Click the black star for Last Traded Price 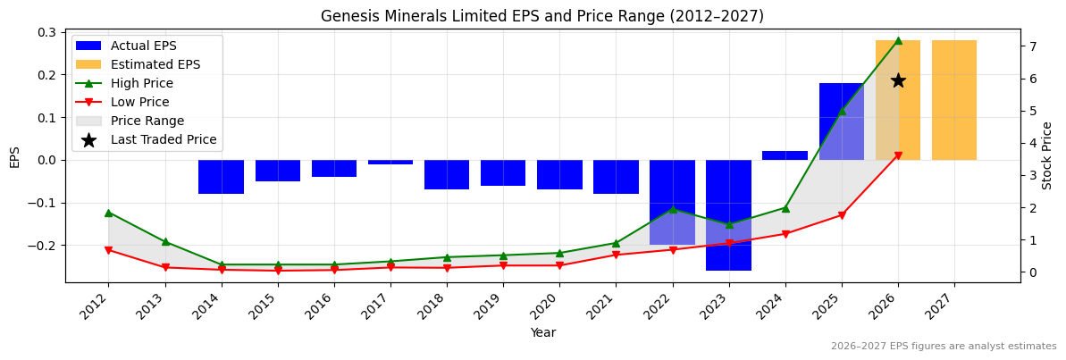pos(898,80)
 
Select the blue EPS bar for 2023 pos(728,214)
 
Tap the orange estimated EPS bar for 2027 pos(954,100)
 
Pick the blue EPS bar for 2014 pos(221,177)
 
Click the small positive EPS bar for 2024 pos(785,155)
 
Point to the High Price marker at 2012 pos(108,213)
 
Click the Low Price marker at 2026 pos(898,155)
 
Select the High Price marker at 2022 pos(672,209)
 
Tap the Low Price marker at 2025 pos(842,215)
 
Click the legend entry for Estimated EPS pos(155,64)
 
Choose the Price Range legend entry pos(147,121)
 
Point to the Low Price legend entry pos(139,102)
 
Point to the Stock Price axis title pos(1047,155)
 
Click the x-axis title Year pos(542,333)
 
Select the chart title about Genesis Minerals pos(542,16)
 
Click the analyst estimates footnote pos(944,347)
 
